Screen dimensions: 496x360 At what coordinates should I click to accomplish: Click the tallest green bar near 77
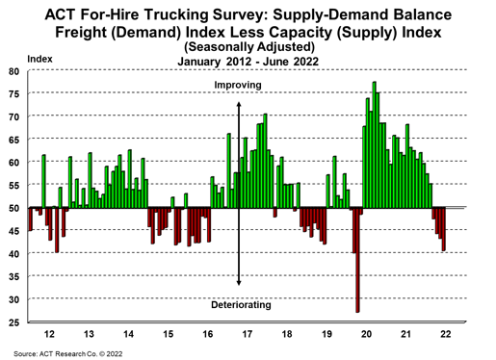[x=374, y=144]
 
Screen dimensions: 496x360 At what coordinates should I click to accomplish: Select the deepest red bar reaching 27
[x=357, y=260]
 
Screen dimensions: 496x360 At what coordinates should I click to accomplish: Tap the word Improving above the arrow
[x=238, y=85]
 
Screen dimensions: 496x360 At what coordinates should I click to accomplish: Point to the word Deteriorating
[x=241, y=304]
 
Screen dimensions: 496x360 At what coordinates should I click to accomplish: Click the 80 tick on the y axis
[x=13, y=71]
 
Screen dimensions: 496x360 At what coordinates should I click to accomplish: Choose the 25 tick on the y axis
[x=13, y=322]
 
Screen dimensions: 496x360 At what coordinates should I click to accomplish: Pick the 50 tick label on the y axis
[x=13, y=208]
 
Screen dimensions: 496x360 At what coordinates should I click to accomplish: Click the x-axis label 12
[x=49, y=334]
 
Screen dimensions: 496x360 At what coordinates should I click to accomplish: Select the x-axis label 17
[x=248, y=334]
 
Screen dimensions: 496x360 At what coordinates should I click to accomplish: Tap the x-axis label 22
[x=446, y=334]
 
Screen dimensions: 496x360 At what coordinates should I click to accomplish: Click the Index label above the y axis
[x=39, y=59]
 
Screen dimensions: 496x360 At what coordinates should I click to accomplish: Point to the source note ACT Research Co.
[x=67, y=354]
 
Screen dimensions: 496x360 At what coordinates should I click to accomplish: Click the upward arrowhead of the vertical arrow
[x=239, y=104]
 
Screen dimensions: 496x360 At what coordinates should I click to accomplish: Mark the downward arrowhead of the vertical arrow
[x=239, y=283]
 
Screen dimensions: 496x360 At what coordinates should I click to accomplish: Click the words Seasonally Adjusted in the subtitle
[x=249, y=47]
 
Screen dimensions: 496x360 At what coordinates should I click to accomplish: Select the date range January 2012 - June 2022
[x=248, y=62]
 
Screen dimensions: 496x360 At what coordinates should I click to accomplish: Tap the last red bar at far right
[x=443, y=229]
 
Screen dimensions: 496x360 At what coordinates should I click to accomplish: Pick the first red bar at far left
[x=31, y=219]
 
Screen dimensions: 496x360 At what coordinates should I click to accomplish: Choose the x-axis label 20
[x=366, y=334]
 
